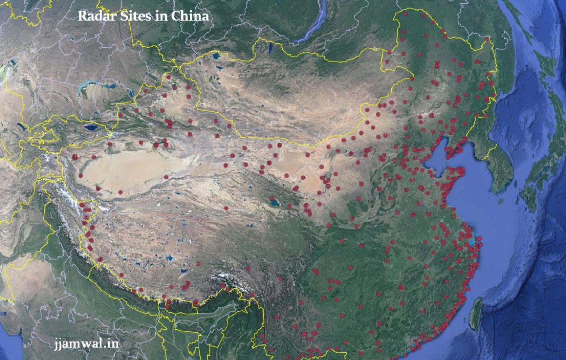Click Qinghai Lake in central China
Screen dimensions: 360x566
(275, 202)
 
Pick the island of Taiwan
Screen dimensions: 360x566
(476, 310)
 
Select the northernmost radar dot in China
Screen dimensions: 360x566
(406, 14)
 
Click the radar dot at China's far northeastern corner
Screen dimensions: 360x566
(487, 39)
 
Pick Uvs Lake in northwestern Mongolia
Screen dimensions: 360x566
(216, 55)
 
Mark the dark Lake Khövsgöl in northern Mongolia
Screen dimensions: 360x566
(270, 47)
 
